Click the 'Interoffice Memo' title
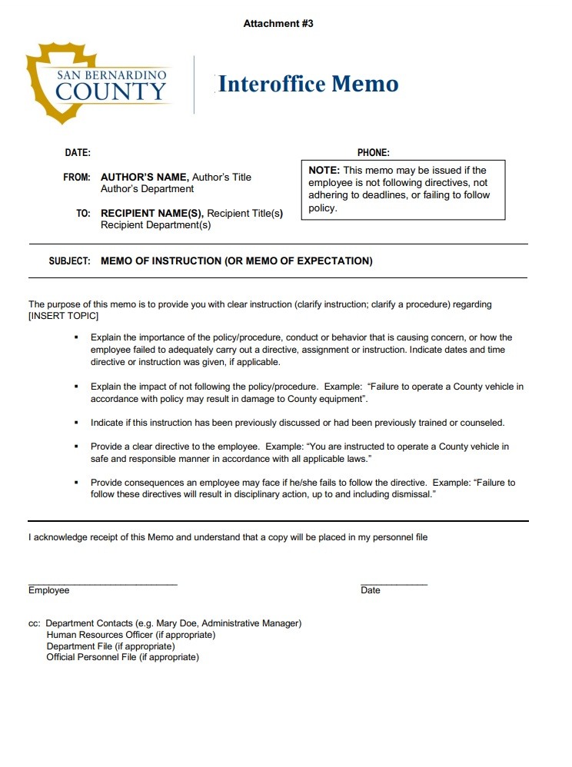coord(308,84)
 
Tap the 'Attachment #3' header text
coord(278,24)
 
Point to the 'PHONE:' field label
coord(374,153)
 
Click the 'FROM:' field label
coord(77,178)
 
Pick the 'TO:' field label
coord(84,214)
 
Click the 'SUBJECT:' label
coord(70,261)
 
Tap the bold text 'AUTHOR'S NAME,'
coord(145,178)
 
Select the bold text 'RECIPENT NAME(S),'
coord(152,214)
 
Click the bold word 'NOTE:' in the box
coord(324,171)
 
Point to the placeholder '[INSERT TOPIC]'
coord(64,316)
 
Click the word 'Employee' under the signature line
coord(49,591)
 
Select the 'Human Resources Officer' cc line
coord(131,635)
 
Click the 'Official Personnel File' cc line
coord(122,658)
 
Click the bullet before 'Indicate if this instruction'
coord(76,423)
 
